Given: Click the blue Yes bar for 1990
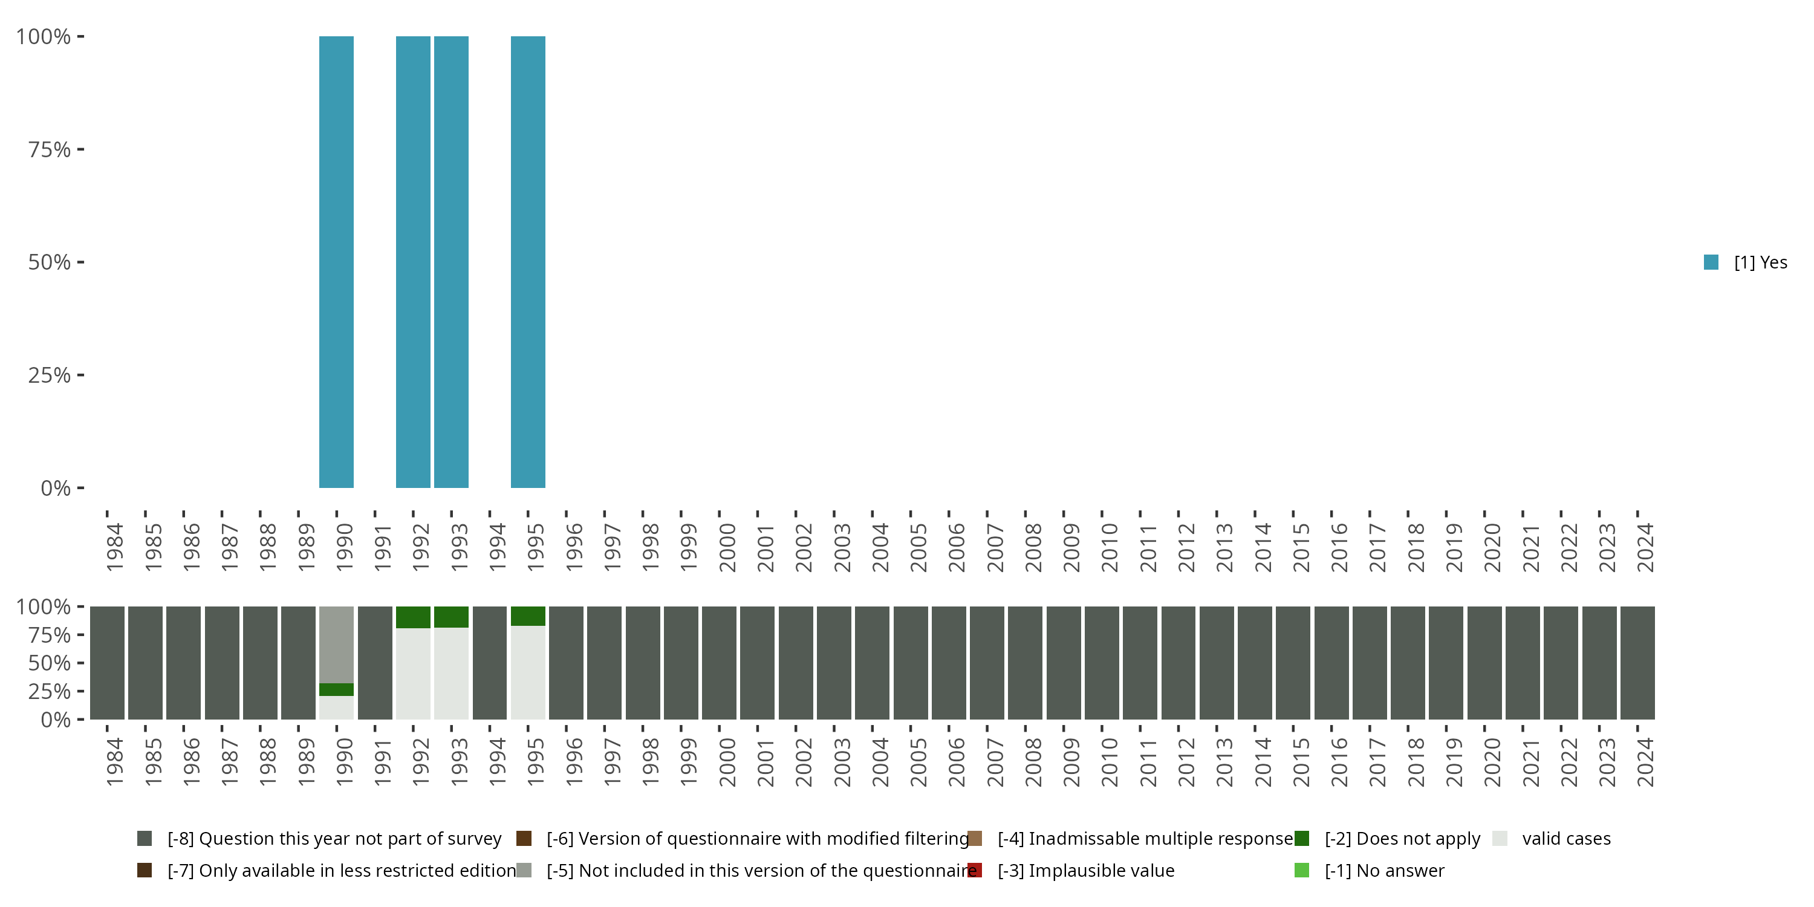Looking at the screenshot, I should coord(336,262).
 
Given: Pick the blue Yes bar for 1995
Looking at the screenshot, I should coord(527,262).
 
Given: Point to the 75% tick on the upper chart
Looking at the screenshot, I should coord(50,149).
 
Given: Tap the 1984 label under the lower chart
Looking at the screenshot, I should coord(114,762).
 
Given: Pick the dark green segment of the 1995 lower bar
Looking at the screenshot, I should coord(527,616).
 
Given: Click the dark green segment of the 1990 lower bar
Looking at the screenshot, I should coord(336,689).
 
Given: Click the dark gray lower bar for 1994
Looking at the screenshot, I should coord(489,663).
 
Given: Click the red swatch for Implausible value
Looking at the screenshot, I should coord(975,870).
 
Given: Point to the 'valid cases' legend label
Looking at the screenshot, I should coord(1566,839).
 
